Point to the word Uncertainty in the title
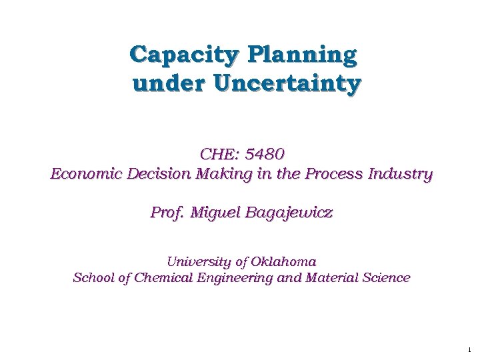[287, 85]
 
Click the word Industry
[399, 175]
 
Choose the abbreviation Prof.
[167, 213]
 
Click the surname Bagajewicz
[290, 213]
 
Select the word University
[197, 261]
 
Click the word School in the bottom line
[93, 278]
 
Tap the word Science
[386, 278]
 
